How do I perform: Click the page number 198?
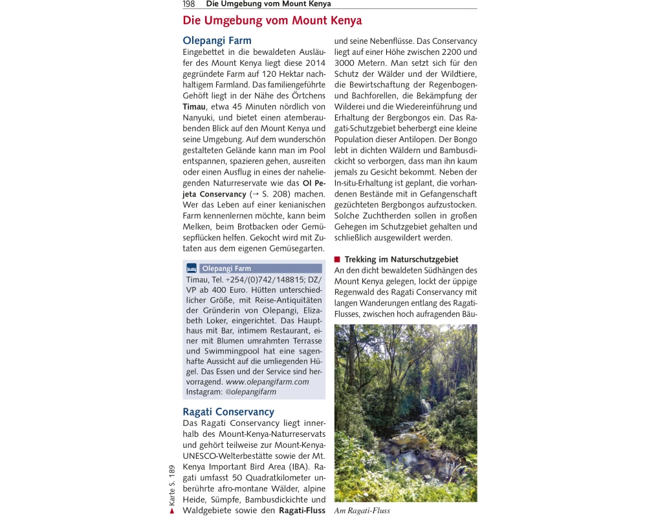(189, 4)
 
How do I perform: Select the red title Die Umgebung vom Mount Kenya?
(272, 21)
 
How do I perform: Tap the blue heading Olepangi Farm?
(217, 41)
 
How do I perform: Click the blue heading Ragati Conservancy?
(228, 412)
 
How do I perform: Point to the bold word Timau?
(195, 107)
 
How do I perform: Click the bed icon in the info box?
(192, 268)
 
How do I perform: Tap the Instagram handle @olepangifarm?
(250, 392)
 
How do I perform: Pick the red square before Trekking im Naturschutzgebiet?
(337, 260)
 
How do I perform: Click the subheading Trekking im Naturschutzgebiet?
(401, 260)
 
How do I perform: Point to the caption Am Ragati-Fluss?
(362, 511)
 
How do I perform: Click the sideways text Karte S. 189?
(172, 485)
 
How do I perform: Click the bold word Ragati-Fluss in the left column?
(302, 511)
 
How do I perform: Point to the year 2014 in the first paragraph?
(314, 63)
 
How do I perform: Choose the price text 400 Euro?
(224, 290)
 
